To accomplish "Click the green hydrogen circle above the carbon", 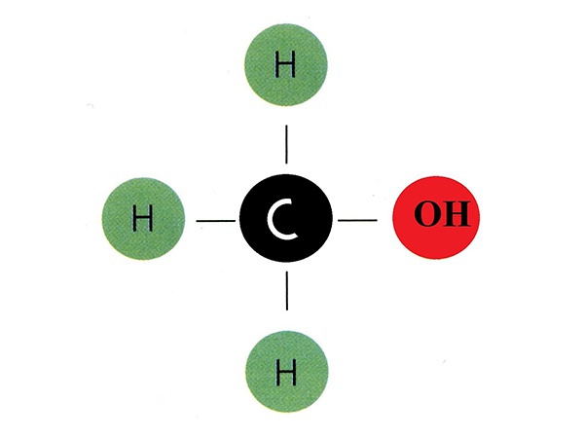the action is [286, 65].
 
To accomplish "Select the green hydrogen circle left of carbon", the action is [143, 219].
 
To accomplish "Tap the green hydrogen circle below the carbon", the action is [287, 372].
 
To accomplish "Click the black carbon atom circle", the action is [285, 218].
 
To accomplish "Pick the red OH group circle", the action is [436, 217].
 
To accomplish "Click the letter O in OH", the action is [427, 214].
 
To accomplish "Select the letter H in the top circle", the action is [285, 64].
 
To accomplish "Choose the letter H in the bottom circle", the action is [286, 372].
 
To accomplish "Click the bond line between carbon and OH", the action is [357, 220].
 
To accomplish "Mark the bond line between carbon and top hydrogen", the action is [286, 144].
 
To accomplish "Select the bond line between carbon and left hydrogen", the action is [216, 221].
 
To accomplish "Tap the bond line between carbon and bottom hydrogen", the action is [287, 290].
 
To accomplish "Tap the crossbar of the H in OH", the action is [455, 214].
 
